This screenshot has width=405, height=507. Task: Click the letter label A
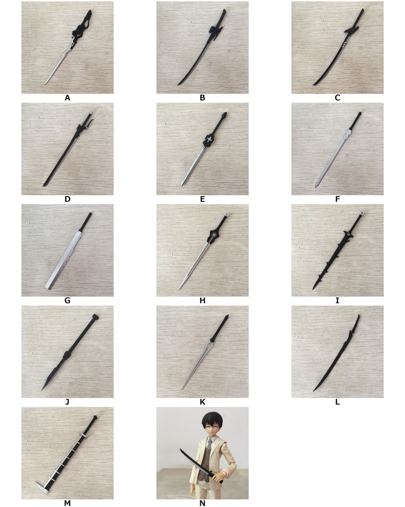click(67, 98)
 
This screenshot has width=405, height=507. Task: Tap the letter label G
click(67, 301)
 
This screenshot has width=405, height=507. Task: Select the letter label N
click(202, 504)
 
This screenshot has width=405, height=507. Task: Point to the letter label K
click(202, 402)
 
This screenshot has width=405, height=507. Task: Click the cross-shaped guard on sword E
click(211, 140)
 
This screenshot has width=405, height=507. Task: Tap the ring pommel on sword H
click(226, 215)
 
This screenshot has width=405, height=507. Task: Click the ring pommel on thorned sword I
click(362, 214)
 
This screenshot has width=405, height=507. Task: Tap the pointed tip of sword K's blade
click(182, 388)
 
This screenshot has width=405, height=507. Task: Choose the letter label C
click(337, 98)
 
